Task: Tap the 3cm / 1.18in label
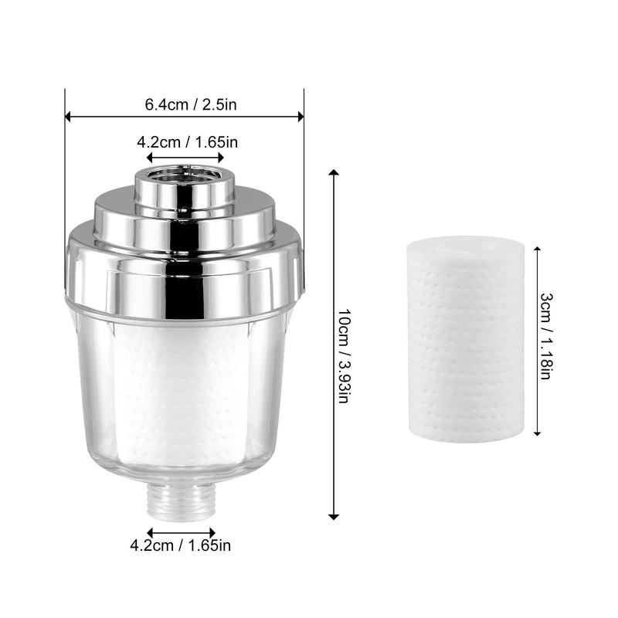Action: (x=546, y=337)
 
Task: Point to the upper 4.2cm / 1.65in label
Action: (x=186, y=141)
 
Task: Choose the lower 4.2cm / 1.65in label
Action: (x=180, y=546)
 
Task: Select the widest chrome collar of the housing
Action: (x=184, y=270)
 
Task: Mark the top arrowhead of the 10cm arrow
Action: (x=334, y=173)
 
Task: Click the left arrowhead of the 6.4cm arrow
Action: (x=68, y=117)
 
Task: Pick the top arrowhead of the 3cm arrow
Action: (x=536, y=249)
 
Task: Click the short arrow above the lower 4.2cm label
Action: (x=182, y=531)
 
